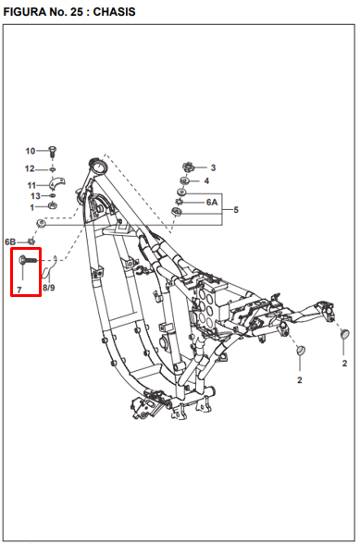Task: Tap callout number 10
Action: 30,151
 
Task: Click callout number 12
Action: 30,168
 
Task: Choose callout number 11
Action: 30,185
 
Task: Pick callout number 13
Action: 34,196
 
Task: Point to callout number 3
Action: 213,167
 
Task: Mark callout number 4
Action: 206,181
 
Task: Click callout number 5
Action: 236,211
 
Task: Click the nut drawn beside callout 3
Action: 188,167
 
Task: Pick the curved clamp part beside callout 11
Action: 54,185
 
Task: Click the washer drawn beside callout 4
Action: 185,181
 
